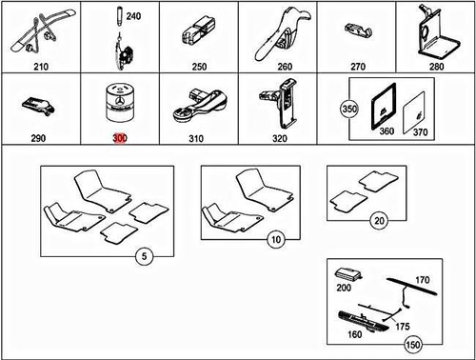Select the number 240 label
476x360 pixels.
132,18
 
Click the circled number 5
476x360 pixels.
142,255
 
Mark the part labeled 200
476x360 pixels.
345,286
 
